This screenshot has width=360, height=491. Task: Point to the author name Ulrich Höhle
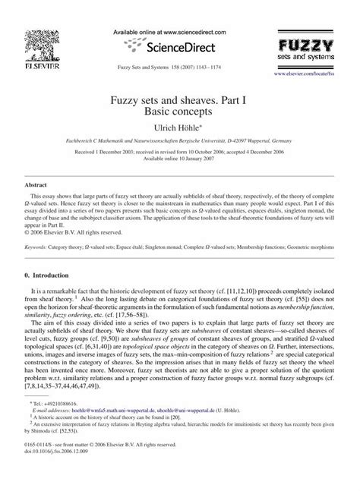coord(180,131)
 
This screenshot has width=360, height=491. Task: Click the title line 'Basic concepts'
coord(180,112)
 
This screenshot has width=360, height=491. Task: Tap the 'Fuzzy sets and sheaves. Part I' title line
coord(180,99)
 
